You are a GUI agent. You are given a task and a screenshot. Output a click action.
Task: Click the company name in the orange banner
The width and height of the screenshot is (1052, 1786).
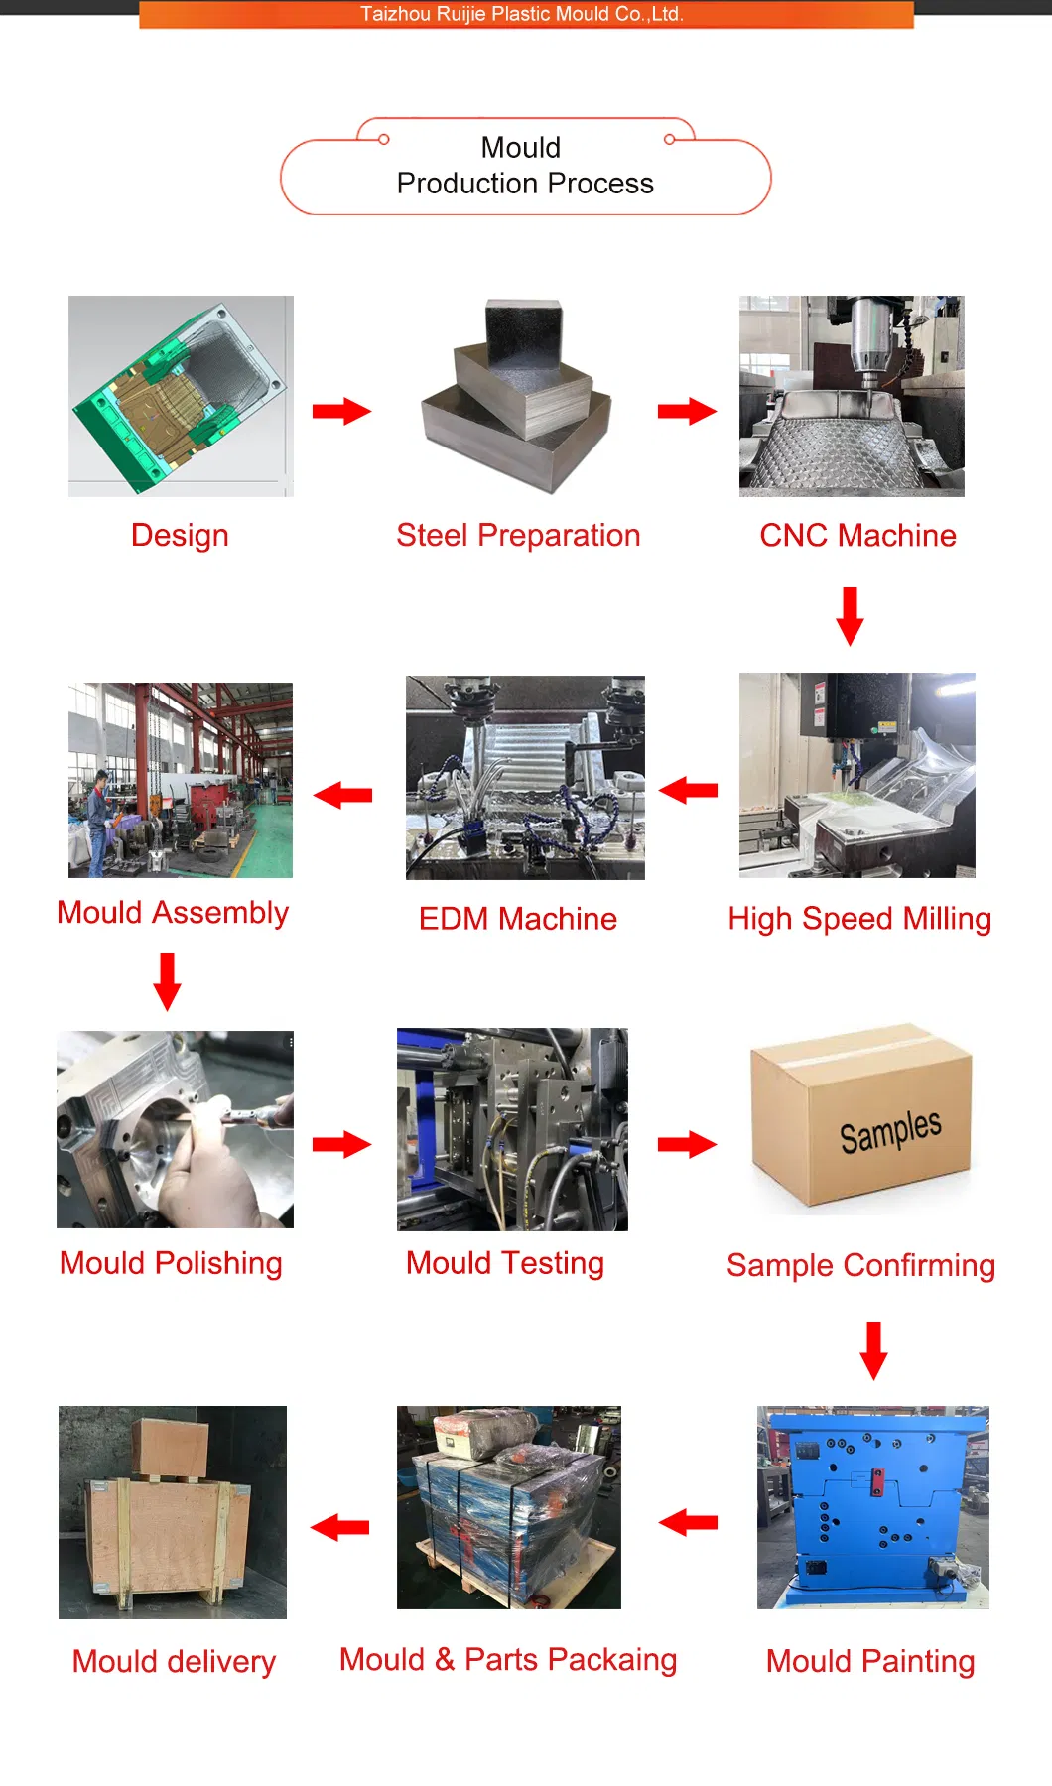pyautogui.click(x=522, y=14)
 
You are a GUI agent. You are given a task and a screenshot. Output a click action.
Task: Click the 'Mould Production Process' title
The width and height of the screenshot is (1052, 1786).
pyautogui.click(x=524, y=166)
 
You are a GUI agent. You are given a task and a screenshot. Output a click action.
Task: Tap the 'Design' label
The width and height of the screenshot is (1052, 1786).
pyautogui.click(x=180, y=536)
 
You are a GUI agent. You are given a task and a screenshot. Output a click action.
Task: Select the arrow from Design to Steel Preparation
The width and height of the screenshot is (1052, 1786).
pyautogui.click(x=341, y=411)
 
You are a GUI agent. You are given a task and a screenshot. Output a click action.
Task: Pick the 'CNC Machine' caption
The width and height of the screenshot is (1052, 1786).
pyautogui.click(x=857, y=536)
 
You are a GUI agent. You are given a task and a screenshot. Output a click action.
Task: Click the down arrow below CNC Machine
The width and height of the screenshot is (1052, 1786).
pyautogui.click(x=850, y=616)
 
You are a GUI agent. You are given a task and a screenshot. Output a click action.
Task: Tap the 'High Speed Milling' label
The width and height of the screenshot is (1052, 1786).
pyautogui.click(x=859, y=919)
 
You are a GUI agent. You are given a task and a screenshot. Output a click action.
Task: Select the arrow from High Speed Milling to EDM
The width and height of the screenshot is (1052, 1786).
pyautogui.click(x=688, y=790)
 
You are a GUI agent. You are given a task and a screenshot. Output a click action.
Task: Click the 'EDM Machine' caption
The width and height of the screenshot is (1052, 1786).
pyautogui.click(x=517, y=919)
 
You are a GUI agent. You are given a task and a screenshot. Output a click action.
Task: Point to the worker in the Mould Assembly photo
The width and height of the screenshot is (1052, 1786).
pyautogui.click(x=99, y=814)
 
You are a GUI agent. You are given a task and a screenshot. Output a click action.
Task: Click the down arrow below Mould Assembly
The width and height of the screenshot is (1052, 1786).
pyautogui.click(x=167, y=981)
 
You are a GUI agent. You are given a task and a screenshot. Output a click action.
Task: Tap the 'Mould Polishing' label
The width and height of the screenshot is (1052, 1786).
pyautogui.click(x=171, y=1263)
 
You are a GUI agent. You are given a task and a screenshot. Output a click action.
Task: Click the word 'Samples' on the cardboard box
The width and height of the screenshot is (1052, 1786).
pyautogui.click(x=889, y=1131)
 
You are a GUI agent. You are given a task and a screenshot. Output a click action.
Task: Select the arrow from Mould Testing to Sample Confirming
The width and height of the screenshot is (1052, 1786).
pyautogui.click(x=687, y=1144)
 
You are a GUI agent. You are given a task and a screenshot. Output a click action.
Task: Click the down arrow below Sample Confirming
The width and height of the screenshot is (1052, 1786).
pyautogui.click(x=873, y=1350)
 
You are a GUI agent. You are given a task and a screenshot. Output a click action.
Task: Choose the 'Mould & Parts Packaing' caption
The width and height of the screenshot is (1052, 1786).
pyautogui.click(x=508, y=1660)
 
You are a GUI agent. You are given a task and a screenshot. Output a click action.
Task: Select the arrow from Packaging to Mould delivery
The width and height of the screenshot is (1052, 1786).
pyautogui.click(x=340, y=1527)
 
